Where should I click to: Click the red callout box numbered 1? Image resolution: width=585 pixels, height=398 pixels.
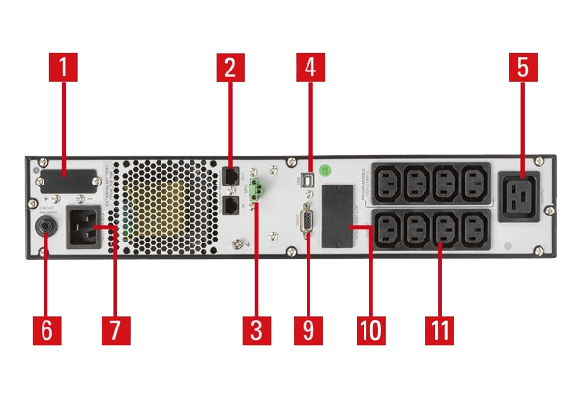click(x=64, y=70)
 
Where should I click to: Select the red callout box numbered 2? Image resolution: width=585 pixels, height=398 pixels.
click(x=230, y=68)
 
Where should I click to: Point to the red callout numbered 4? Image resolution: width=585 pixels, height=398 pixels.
click(x=310, y=68)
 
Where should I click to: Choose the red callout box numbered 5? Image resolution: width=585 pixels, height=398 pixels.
click(x=522, y=68)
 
